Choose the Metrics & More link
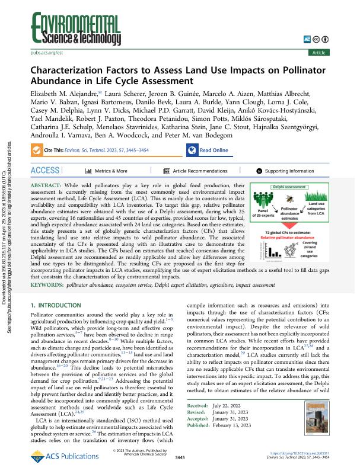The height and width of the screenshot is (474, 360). click(x=111, y=171)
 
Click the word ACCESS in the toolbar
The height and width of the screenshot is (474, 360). click(x=46, y=171)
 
